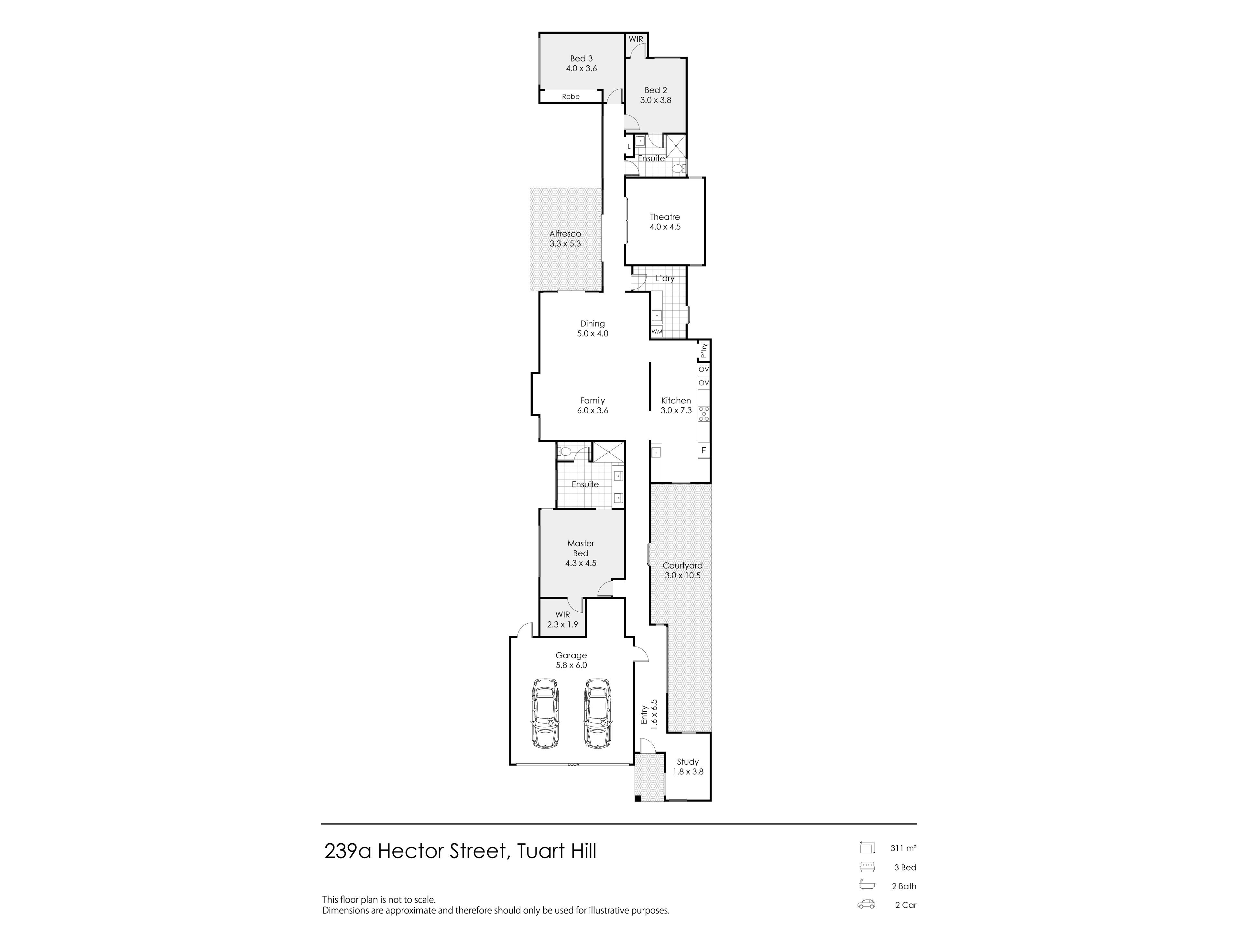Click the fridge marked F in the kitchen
pos(703,450)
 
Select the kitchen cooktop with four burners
pos(703,414)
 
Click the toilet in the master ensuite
pos(564,451)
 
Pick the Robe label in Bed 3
pos(571,97)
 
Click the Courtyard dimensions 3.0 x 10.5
pos(682,575)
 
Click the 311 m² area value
pos(903,848)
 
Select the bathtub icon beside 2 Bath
pos(867,886)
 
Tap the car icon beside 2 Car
pos(866,904)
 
